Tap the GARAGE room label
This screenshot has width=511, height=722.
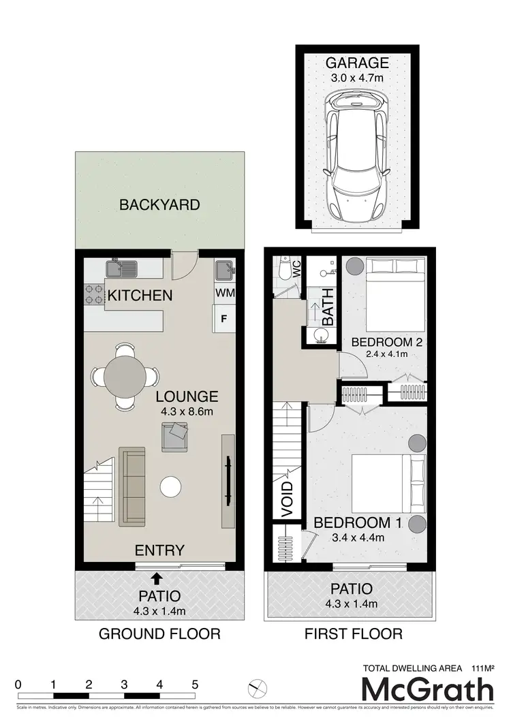(x=356, y=63)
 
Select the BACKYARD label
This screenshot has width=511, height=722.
(x=159, y=204)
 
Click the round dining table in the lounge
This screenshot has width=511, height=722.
(x=124, y=376)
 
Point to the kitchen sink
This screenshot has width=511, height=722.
(x=121, y=268)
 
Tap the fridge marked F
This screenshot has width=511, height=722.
(x=223, y=317)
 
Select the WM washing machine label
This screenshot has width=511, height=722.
(x=224, y=292)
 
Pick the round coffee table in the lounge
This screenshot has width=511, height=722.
(x=171, y=486)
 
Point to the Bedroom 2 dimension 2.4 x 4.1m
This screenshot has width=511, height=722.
(x=382, y=354)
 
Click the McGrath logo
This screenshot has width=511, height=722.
(x=427, y=690)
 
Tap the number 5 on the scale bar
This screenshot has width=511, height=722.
(x=195, y=685)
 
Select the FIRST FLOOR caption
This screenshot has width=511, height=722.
(x=353, y=634)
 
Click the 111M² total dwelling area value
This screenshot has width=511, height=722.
(x=478, y=668)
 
